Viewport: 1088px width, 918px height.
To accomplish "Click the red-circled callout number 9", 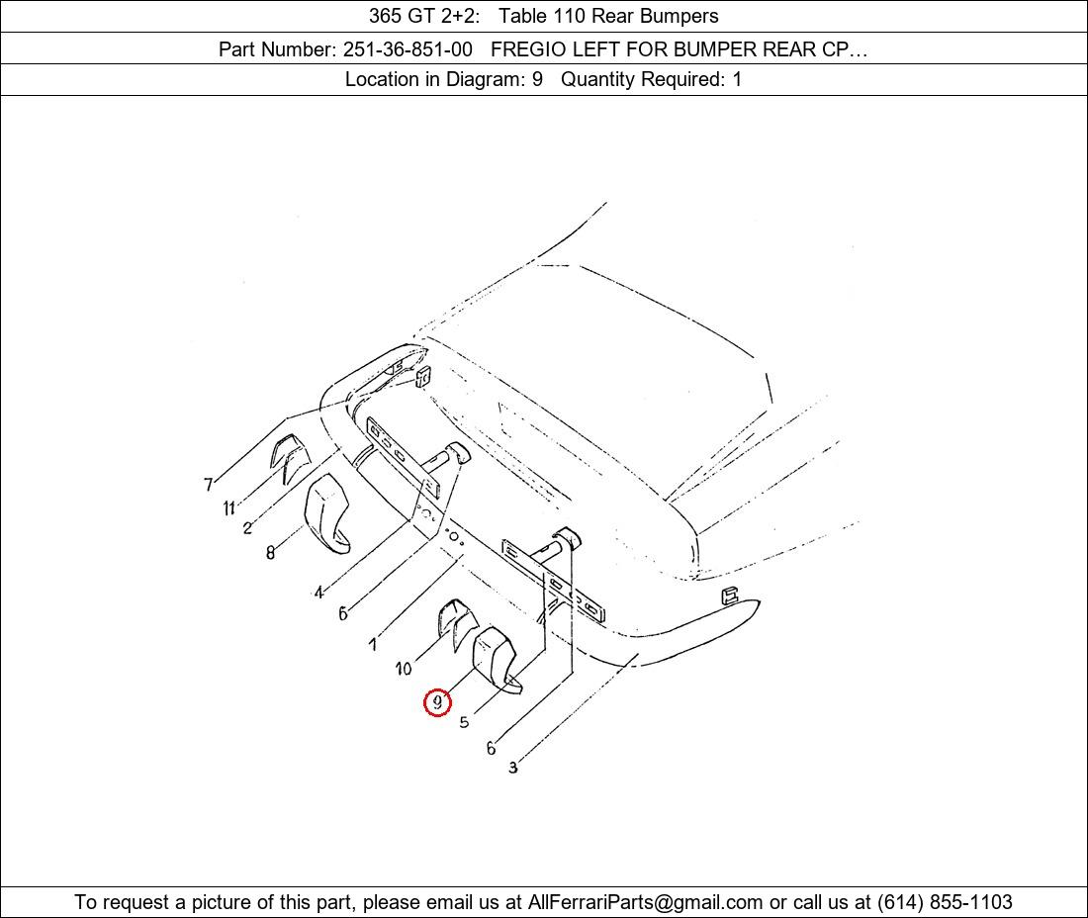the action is point(437,703).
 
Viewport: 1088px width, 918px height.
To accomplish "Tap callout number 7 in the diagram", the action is point(208,485).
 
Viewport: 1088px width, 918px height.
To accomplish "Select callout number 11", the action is point(229,508).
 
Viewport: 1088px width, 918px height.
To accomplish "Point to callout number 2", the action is point(247,528).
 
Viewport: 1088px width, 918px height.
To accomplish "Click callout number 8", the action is point(271,552).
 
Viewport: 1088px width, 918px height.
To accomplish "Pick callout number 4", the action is point(318,593).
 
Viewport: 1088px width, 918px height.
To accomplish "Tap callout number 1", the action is point(373,645).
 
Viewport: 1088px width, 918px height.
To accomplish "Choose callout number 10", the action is point(404,669).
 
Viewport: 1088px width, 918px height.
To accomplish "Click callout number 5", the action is point(464,722).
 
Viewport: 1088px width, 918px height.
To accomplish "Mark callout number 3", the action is point(512,768).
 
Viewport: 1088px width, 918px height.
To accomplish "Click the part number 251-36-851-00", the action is point(408,49).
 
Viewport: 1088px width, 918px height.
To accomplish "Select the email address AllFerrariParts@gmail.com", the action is point(645,902).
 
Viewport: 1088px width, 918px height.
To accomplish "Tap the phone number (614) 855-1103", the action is point(945,902).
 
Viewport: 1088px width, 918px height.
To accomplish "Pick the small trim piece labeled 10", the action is point(456,621).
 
